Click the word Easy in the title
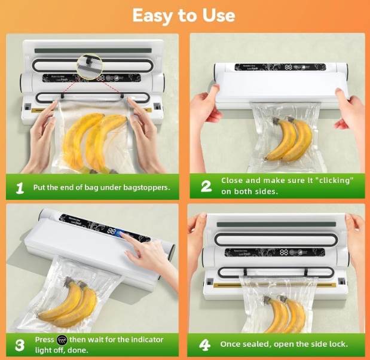coord(152,15)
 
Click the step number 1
coord(20,187)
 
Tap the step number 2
coord(206,185)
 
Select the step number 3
coord(20,344)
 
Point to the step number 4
coord(206,344)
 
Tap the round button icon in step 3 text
coord(62,340)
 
